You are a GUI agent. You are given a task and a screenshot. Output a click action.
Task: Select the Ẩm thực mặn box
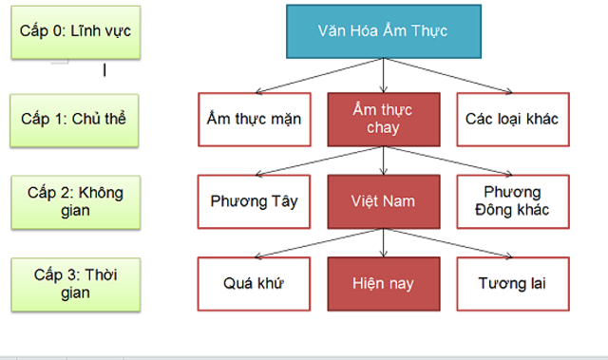254,119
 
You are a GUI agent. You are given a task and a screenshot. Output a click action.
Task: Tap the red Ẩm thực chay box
382,119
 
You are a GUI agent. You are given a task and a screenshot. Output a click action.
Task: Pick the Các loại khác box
511,119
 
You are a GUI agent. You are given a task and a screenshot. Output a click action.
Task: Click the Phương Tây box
254,201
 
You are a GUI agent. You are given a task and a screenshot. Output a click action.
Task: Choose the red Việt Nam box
382,201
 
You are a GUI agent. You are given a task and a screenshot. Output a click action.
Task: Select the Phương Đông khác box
511,201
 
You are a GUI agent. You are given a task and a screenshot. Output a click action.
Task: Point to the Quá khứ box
254,283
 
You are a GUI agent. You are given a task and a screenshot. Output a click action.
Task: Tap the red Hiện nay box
382,283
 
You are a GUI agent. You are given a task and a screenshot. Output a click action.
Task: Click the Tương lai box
511,283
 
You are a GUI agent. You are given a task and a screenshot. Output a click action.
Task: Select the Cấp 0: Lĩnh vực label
75,30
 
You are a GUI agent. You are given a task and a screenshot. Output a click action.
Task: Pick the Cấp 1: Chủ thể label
73,119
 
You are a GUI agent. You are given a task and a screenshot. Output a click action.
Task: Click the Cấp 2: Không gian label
73,200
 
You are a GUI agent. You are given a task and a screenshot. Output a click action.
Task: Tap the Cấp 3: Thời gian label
73,283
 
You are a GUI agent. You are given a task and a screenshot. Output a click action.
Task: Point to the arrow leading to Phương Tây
318,159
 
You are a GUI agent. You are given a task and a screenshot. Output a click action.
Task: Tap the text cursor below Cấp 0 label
104,69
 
